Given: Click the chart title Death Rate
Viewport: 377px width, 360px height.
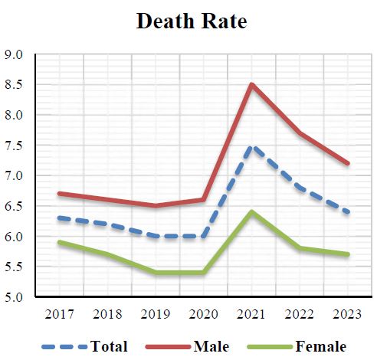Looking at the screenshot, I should pos(192,21).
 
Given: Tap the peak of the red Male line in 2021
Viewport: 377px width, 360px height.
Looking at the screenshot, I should pos(252,84).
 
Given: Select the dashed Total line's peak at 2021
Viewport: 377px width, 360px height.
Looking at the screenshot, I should pos(252,146).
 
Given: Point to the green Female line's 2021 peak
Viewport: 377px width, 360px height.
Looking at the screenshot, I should pos(252,212).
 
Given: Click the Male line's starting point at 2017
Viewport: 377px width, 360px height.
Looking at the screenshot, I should pos(59,194).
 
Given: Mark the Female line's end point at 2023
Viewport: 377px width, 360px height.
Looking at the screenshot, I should pos(349,254).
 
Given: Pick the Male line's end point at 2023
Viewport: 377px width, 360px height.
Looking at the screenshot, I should pos(349,163).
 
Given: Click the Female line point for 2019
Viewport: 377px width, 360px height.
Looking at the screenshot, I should pos(156,272).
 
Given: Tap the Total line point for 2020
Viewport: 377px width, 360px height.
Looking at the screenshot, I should pos(204,236).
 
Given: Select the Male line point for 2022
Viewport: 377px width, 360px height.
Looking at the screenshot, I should pos(300,133).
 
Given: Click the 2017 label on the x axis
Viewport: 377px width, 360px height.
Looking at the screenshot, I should pos(59,315).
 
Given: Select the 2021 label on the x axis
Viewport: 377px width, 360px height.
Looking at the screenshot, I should pos(252,315).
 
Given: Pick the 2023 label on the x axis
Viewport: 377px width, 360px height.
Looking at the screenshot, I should pos(349,315).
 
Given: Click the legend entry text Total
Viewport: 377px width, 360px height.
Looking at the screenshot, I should pos(109,346).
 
